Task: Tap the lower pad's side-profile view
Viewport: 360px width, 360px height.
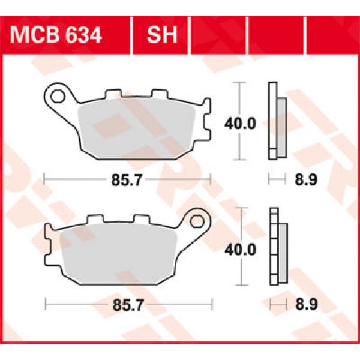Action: click(x=277, y=246)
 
